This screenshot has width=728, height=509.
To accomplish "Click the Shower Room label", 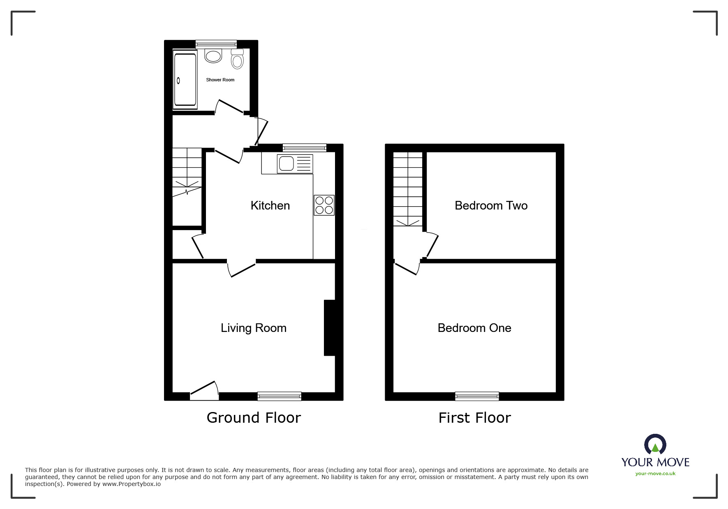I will pyautogui.click(x=220, y=80).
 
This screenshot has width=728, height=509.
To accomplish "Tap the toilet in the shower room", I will pyautogui.click(x=237, y=59).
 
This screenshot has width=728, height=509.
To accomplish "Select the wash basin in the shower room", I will pyautogui.click(x=213, y=55).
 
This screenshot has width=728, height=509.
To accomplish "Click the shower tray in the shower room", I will pyautogui.click(x=185, y=80).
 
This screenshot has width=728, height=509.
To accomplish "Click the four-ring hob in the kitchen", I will pyautogui.click(x=324, y=205).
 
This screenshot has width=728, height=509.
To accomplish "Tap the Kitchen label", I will pyautogui.click(x=270, y=205).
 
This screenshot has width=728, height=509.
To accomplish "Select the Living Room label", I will pyautogui.click(x=253, y=328).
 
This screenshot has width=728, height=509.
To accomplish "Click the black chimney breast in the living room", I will pyautogui.click(x=330, y=327).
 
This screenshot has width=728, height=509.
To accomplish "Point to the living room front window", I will pyautogui.click(x=279, y=396).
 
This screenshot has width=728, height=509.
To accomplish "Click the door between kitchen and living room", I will pyautogui.click(x=242, y=269).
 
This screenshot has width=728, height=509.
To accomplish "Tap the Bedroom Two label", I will pyautogui.click(x=491, y=205).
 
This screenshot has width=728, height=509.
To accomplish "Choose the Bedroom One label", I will pyautogui.click(x=474, y=328).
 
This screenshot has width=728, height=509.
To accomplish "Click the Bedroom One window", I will pyautogui.click(x=477, y=396).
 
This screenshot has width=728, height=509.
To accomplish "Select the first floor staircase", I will pyautogui.click(x=408, y=189).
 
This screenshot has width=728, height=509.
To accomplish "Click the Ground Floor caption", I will pyautogui.click(x=254, y=418).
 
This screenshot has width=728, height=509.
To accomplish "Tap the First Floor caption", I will pyautogui.click(x=474, y=418).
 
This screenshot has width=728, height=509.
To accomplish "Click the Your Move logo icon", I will pyautogui.click(x=655, y=445).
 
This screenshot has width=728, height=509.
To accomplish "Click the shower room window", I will pyautogui.click(x=216, y=43).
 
